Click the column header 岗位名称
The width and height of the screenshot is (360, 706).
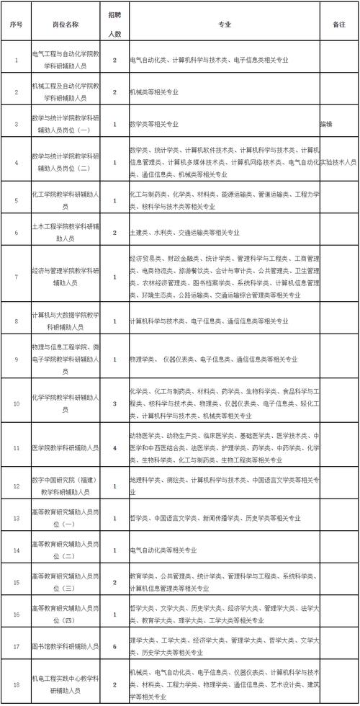[66, 23]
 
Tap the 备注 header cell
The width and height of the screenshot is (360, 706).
[340, 23]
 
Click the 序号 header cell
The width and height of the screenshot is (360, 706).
[16, 23]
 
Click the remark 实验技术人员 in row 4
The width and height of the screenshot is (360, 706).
[338, 163]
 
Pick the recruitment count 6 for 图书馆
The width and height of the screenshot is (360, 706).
[114, 646]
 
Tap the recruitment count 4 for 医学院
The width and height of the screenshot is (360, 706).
[114, 448]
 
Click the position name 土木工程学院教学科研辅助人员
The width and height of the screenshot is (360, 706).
[66, 233]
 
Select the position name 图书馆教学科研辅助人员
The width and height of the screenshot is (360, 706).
[66, 646]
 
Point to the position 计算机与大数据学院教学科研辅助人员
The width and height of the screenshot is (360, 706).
[66, 321]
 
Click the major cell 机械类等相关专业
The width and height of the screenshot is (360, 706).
[154, 92]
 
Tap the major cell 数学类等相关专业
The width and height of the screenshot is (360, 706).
[154, 124]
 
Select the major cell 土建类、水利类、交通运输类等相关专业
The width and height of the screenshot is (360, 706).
[184, 233]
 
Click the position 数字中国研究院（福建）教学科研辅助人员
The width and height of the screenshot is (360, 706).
[66, 486]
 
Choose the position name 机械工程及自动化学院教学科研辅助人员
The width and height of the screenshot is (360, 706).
[66, 92]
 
